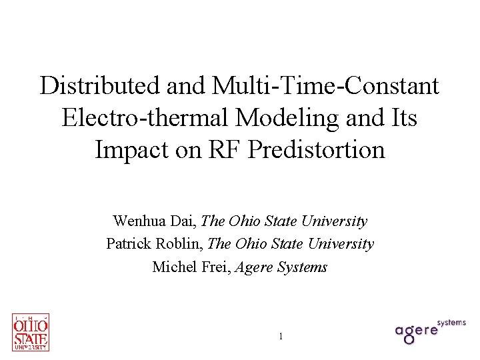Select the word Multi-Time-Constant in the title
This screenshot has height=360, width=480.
(x=326, y=85)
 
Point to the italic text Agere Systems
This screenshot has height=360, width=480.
(x=285, y=267)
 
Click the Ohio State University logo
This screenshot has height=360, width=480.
(x=31, y=332)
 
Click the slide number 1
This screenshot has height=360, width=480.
(x=281, y=337)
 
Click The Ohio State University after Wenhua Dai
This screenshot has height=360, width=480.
(x=284, y=221)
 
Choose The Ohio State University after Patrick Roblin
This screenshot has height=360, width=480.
(x=291, y=244)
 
